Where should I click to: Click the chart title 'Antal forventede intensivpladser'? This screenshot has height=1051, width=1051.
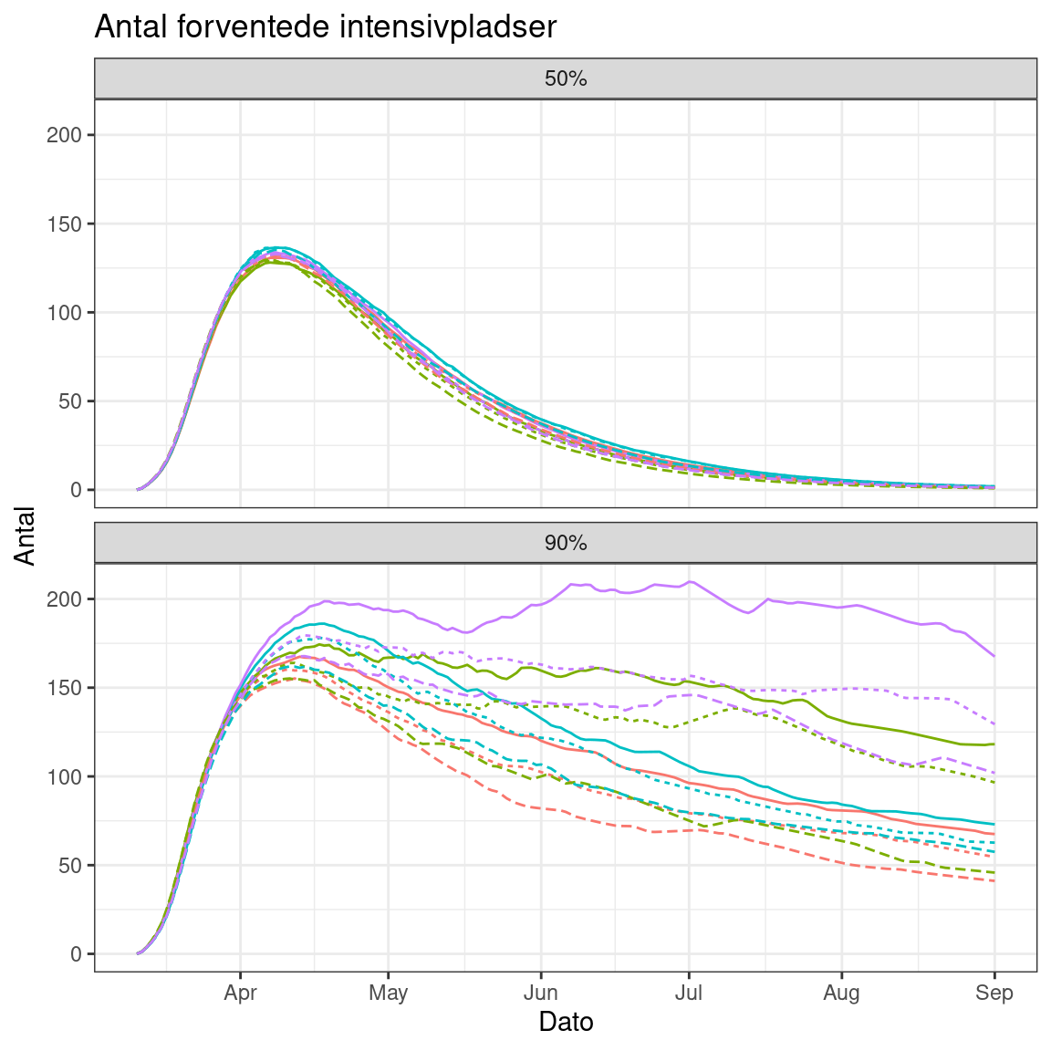point(325,26)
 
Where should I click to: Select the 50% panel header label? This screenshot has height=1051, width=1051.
point(566,78)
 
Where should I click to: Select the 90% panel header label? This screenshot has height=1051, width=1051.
point(566,543)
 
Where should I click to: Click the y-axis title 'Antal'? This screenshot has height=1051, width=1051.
point(26,536)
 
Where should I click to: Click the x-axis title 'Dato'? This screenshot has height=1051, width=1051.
point(566,1022)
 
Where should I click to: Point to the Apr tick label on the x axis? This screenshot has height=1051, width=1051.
point(240,993)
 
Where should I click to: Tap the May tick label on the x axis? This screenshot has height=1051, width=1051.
point(388,993)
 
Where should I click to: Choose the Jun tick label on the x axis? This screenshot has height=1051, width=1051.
point(540,993)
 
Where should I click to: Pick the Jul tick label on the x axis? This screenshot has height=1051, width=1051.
point(688,993)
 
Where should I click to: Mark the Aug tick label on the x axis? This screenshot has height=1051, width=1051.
point(841,993)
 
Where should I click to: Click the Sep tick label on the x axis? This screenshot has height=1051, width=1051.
point(994,993)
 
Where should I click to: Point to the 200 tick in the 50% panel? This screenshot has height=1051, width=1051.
point(70,135)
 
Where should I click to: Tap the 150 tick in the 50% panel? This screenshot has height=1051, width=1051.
point(70,224)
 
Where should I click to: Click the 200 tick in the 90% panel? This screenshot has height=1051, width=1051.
point(70,599)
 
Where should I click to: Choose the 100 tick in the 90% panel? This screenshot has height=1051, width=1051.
point(70,776)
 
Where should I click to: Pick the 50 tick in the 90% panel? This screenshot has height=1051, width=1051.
point(73,865)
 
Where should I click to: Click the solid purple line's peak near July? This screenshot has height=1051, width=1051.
point(690,581)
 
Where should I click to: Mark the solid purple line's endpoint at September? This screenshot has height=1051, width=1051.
point(994,656)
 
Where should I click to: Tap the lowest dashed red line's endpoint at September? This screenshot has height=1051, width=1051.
point(994,881)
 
